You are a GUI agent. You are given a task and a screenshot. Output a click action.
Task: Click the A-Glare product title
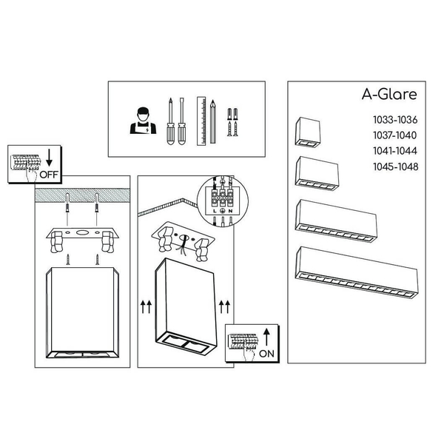coord(389,94)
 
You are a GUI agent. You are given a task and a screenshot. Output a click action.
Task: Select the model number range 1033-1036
coord(395,120)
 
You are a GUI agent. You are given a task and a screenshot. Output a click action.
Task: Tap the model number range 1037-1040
coord(395,135)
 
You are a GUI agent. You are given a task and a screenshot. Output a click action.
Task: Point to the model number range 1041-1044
coord(395,151)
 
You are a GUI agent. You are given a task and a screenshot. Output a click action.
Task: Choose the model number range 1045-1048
coord(396,166)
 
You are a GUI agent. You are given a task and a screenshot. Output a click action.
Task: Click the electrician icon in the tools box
coord(143,121)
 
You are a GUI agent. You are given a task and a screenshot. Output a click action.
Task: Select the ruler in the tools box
coord(201,121)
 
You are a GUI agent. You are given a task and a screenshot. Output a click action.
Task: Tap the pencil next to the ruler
coord(212,122)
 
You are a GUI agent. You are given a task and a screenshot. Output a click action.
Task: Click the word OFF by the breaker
coord(49,175)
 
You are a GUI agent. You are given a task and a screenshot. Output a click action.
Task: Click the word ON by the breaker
coord(266,354)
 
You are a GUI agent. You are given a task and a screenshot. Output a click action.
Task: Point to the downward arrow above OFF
coord(50,158)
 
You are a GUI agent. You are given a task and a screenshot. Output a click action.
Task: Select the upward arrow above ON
coord(266,337)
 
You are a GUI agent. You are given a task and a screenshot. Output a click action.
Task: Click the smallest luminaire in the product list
coord(308,132)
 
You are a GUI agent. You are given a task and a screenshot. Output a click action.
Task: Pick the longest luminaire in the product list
coord(357,272)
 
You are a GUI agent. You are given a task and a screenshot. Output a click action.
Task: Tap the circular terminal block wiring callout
coord(222,201)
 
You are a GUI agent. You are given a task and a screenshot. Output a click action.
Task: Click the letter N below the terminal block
coord(230,211)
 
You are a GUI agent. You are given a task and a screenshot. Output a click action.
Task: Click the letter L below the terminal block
coord(215,211)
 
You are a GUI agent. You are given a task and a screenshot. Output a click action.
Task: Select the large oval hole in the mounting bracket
coord(82,233)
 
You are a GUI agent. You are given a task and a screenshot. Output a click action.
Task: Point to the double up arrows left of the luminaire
coord(146,307)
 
